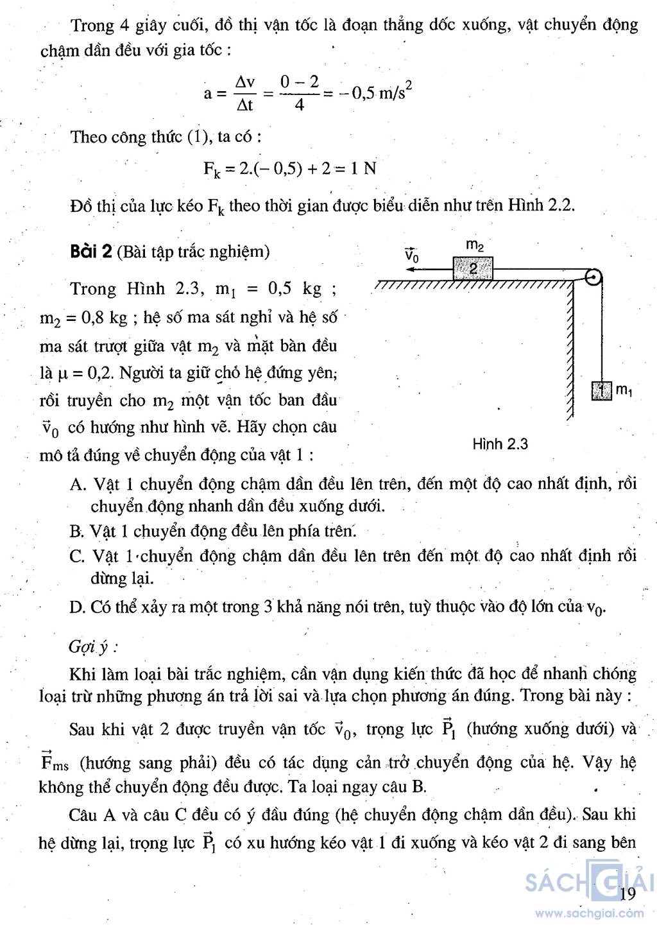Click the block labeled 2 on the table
[x=473, y=268]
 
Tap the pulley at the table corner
[x=594, y=277]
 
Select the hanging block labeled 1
[x=601, y=390]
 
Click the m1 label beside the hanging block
[x=624, y=390]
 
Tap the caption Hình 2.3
[x=500, y=444]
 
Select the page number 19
[x=627, y=894]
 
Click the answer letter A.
[x=77, y=484]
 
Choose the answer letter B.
[x=76, y=532]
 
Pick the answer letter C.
[x=77, y=556]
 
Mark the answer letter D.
[x=77, y=607]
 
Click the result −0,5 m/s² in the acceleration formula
[x=375, y=94]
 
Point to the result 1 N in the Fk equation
[x=363, y=169]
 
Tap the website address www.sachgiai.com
[x=589, y=913]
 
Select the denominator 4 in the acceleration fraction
[x=300, y=105]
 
